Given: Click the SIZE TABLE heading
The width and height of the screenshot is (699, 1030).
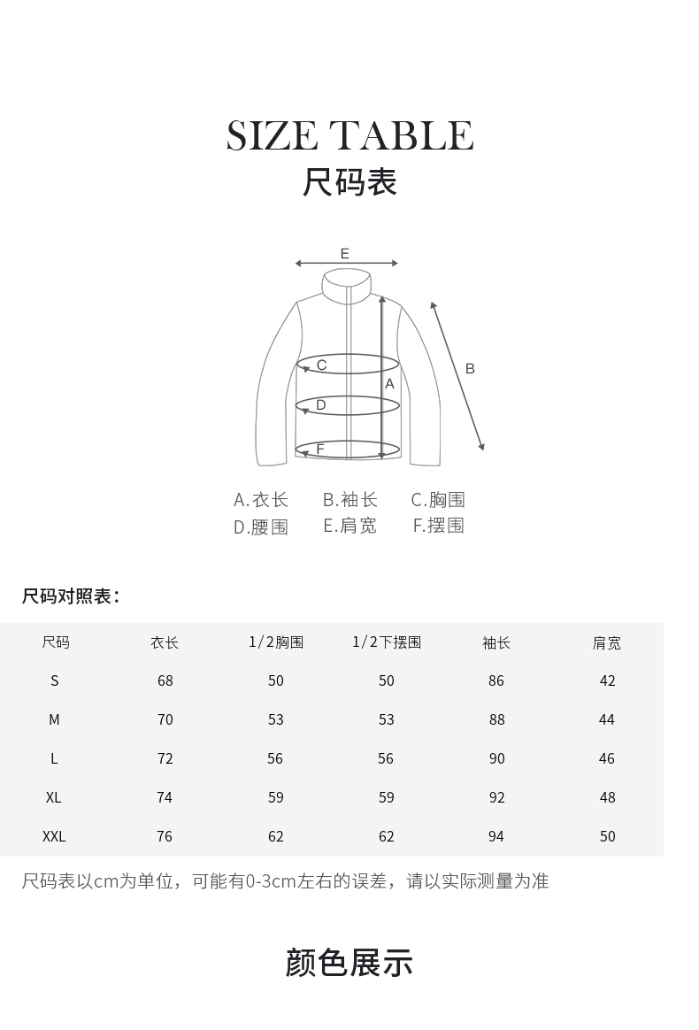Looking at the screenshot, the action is click(349, 135).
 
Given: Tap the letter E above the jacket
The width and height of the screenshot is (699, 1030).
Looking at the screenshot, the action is click(345, 254).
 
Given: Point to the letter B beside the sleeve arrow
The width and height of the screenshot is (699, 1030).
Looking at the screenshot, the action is click(470, 368).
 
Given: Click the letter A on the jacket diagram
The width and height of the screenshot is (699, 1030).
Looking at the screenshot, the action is click(389, 384).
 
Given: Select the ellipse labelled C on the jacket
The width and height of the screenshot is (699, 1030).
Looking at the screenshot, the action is click(347, 365).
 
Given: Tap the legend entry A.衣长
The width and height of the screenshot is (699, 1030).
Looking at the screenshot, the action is click(261, 500).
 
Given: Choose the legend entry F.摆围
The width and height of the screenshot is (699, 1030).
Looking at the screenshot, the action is click(438, 526).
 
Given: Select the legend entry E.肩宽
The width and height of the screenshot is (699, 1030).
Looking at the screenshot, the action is click(349, 526).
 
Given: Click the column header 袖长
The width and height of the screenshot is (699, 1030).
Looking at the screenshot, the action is click(496, 643).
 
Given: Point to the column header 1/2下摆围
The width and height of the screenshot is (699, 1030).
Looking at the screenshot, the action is click(387, 642).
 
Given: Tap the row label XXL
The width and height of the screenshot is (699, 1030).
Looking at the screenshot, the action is click(54, 836).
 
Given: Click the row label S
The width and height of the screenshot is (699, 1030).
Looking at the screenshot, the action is click(55, 680).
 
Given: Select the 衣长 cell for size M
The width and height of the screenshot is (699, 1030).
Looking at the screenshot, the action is click(165, 719).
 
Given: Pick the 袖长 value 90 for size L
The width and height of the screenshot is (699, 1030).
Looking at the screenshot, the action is click(496, 758).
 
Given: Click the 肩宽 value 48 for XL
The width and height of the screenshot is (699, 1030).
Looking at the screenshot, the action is click(607, 797).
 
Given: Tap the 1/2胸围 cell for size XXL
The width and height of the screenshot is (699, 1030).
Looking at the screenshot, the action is click(276, 836).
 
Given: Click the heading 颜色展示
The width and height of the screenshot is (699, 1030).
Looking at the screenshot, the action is click(349, 963).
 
